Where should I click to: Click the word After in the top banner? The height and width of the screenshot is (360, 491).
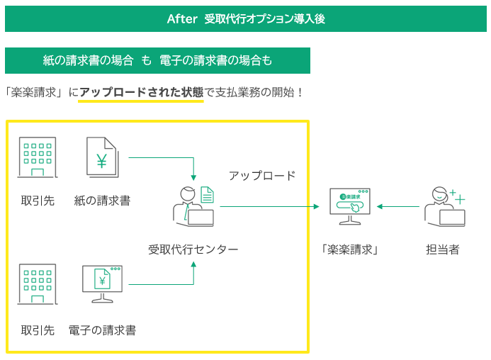[x=181, y=18]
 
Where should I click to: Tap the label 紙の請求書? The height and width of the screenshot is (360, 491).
[x=102, y=201]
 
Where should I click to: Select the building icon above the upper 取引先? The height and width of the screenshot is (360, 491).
[x=37, y=157]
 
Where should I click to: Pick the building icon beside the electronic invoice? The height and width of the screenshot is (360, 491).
[x=37, y=283]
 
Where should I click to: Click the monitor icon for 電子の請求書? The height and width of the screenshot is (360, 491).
[x=102, y=283]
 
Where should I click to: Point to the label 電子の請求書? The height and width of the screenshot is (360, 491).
[x=102, y=330]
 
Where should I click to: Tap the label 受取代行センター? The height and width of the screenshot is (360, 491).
[x=193, y=249]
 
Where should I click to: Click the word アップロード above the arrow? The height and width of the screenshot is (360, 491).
[x=261, y=176]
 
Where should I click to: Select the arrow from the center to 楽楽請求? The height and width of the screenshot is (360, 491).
[x=269, y=207]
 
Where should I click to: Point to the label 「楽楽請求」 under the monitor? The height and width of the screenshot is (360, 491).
[x=350, y=249]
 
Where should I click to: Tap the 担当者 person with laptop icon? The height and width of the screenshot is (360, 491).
[x=444, y=206]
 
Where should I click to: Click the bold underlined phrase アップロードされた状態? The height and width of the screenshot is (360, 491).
[x=141, y=92]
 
